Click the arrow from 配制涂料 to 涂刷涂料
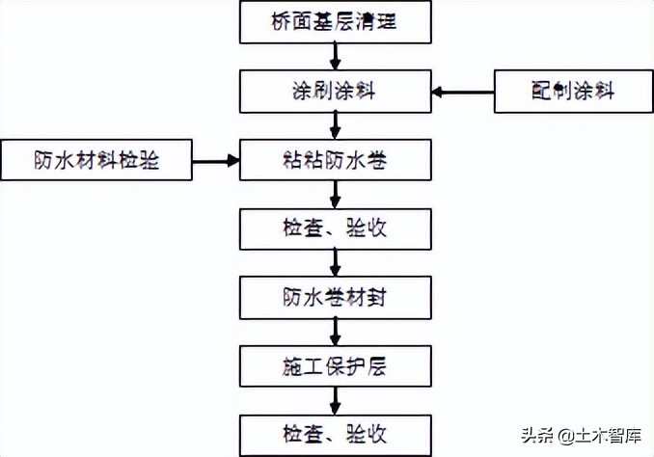pyautogui.click(x=463, y=93)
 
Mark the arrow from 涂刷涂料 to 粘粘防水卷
pyautogui.click(x=334, y=125)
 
